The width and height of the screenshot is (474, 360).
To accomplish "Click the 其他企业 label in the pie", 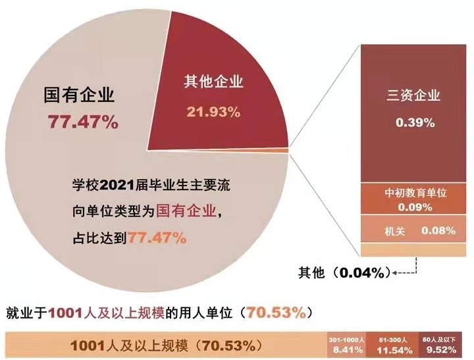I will (x=213, y=82).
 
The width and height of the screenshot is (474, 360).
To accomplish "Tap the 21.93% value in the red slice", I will (x=213, y=112).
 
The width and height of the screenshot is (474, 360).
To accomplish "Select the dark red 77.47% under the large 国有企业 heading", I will (x=82, y=122).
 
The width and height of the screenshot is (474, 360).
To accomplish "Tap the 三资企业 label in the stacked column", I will (x=413, y=96).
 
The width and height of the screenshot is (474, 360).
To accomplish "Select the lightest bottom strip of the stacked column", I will (x=415, y=250).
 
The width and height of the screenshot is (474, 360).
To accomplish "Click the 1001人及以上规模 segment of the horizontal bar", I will (x=162, y=344).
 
